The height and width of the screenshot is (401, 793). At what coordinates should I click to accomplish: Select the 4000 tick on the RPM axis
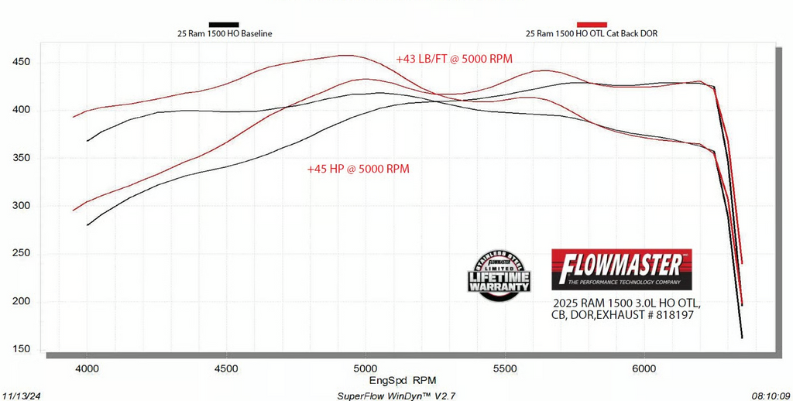tap(87, 368)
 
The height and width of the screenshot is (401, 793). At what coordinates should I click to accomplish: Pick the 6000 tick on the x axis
tap(644, 368)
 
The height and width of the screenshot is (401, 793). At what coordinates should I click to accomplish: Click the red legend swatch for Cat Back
tap(587, 25)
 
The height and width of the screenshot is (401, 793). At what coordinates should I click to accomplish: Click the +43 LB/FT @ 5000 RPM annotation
tap(454, 59)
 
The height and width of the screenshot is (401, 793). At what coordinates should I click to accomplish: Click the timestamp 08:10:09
tap(770, 395)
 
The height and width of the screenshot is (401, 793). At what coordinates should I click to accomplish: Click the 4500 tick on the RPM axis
tap(226, 368)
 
